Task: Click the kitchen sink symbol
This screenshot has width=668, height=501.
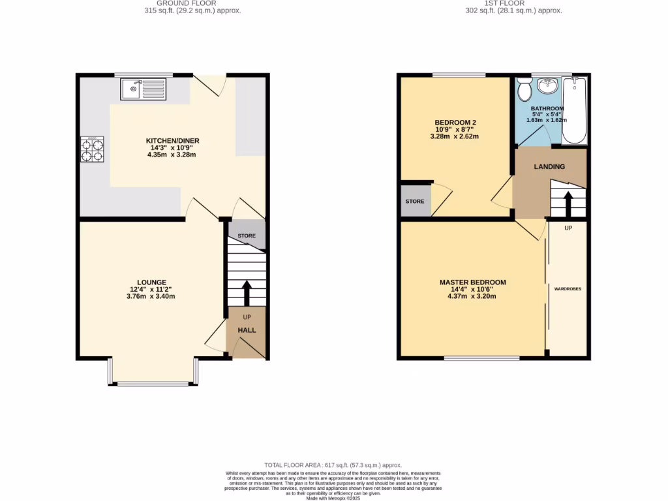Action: click(x=144, y=89)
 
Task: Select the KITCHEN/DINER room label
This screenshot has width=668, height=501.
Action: click(x=172, y=140)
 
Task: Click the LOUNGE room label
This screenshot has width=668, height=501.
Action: click(x=151, y=282)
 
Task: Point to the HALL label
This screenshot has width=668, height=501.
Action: click(x=247, y=330)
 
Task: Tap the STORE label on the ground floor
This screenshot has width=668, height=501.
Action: click(x=247, y=235)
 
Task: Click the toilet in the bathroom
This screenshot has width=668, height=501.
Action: click(x=524, y=87)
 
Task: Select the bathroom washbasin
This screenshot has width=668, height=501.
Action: click(x=547, y=86)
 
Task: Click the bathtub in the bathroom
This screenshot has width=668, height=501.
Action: click(x=575, y=110)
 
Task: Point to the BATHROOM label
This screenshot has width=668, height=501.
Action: click(x=547, y=108)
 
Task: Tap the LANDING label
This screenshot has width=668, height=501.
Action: click(x=549, y=166)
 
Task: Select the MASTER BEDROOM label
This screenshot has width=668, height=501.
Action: click(x=472, y=282)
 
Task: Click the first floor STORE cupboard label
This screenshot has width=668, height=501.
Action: click(x=415, y=202)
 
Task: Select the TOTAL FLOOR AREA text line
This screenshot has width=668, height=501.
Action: click(x=333, y=464)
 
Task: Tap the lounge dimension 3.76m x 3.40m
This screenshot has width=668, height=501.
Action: click(x=151, y=296)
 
